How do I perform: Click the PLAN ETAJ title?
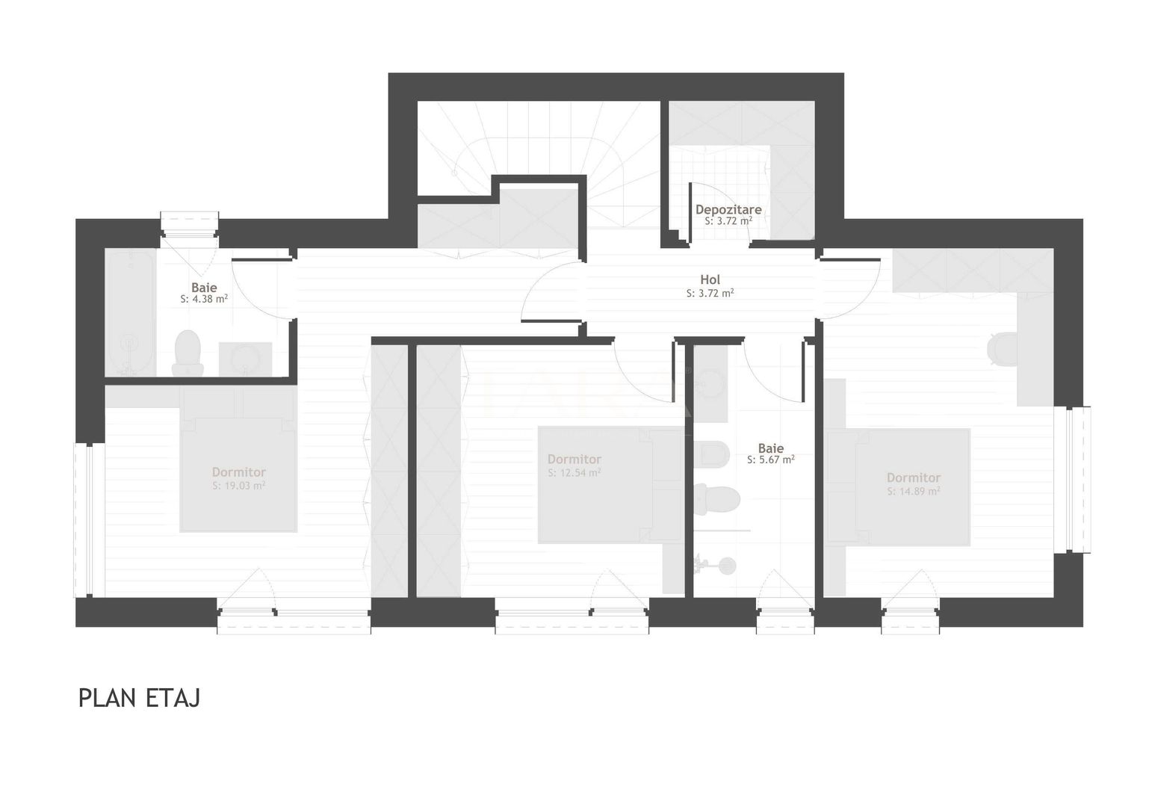pos(139,698)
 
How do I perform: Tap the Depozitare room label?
pos(728,210)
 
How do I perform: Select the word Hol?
pos(710,280)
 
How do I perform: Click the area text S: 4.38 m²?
pos(204,299)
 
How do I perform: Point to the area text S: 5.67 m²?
pos(770,460)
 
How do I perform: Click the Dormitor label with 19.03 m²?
pos(238,472)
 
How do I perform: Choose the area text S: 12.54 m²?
pos(574,473)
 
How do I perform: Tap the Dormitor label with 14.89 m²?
pos(913,477)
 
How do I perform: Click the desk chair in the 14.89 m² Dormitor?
pos(1001,347)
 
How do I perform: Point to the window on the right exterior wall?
pos(1074,480)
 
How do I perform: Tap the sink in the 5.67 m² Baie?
pos(709,383)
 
